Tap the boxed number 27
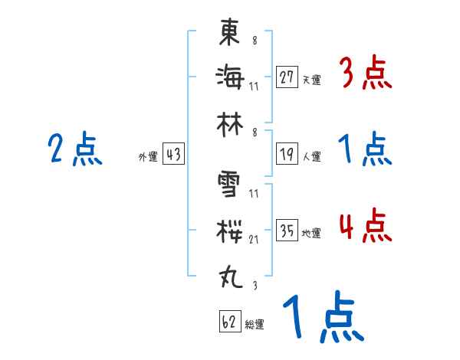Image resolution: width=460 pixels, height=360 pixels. coord(287,77)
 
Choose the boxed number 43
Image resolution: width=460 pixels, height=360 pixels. coord(173,155)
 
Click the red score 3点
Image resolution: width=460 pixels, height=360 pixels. coord(365,74)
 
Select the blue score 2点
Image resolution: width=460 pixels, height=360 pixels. coord(74,149)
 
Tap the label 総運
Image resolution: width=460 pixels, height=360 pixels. coord(255,325)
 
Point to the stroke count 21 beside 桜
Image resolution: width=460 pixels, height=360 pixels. coord(254,239)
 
